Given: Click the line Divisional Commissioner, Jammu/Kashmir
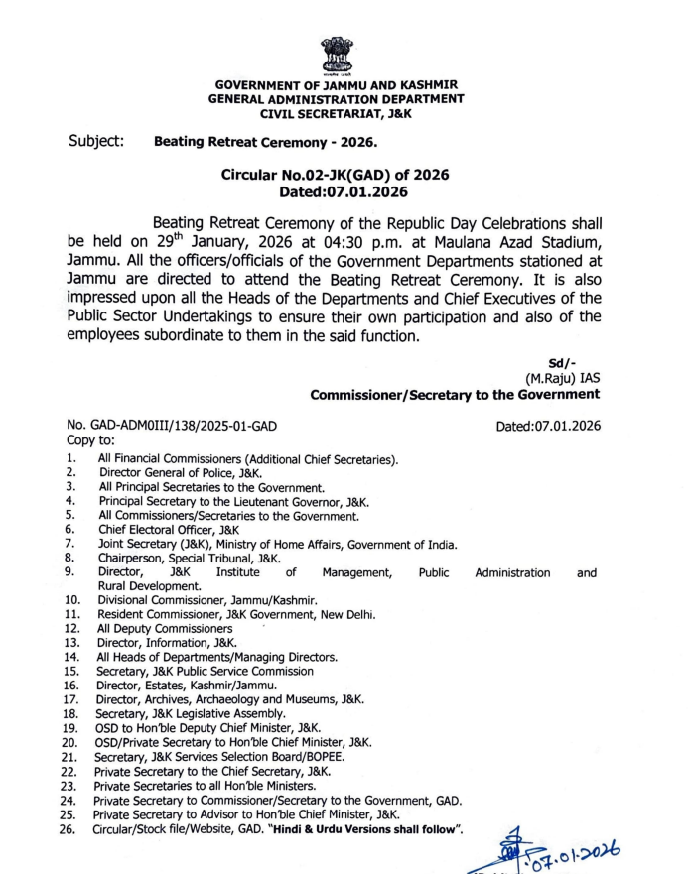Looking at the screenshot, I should pyautogui.click(x=206, y=600).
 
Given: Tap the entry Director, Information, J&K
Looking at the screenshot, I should pyautogui.click(x=163, y=642).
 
